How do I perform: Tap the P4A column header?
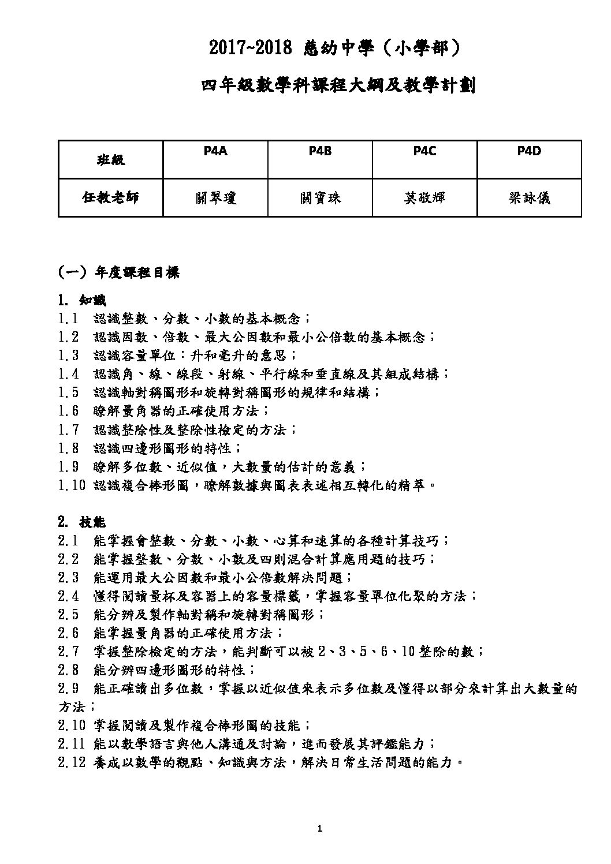click(x=215, y=151)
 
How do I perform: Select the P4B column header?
click(x=320, y=151)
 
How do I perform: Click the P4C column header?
click(x=424, y=151)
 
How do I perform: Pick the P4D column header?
click(x=529, y=151)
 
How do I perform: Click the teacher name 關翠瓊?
click(x=215, y=198)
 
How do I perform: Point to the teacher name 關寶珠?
click(x=320, y=198)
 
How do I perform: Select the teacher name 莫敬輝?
click(x=424, y=198)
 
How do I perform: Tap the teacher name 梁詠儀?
click(x=529, y=198)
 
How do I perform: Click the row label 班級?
click(x=110, y=160)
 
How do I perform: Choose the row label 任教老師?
click(x=110, y=198)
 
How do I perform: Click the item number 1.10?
click(x=72, y=485)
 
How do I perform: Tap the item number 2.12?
click(x=72, y=763)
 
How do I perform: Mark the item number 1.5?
click(x=68, y=393)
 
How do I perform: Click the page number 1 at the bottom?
click(x=320, y=829)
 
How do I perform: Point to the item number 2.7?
click(x=68, y=652)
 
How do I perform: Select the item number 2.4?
click(x=68, y=596)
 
